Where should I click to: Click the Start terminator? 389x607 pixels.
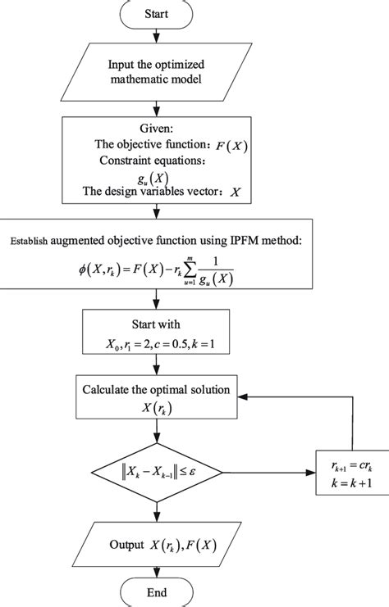[x=155, y=15]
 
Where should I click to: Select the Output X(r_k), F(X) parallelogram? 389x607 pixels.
[x=155, y=544]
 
